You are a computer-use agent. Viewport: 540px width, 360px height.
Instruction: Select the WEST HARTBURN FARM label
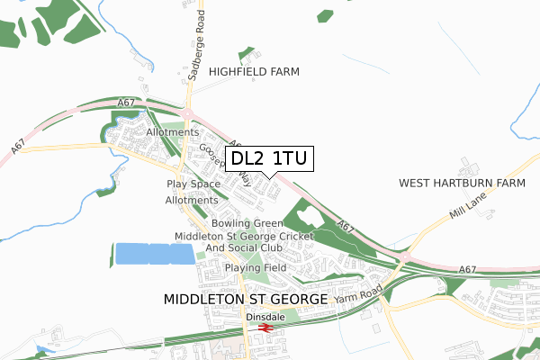[x=462, y=183]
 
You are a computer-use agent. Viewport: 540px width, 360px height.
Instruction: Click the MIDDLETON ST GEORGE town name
[x=246, y=297]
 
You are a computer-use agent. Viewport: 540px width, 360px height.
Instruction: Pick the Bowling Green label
[x=247, y=223]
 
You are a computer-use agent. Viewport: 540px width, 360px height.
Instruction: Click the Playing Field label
[x=256, y=267]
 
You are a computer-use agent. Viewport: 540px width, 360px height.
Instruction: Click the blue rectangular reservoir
[x=154, y=253]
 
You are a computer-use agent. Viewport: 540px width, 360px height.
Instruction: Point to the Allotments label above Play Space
[x=171, y=132]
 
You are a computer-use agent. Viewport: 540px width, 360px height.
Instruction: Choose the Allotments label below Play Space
[x=192, y=200]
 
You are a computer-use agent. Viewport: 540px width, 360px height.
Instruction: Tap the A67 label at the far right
[x=466, y=269]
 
